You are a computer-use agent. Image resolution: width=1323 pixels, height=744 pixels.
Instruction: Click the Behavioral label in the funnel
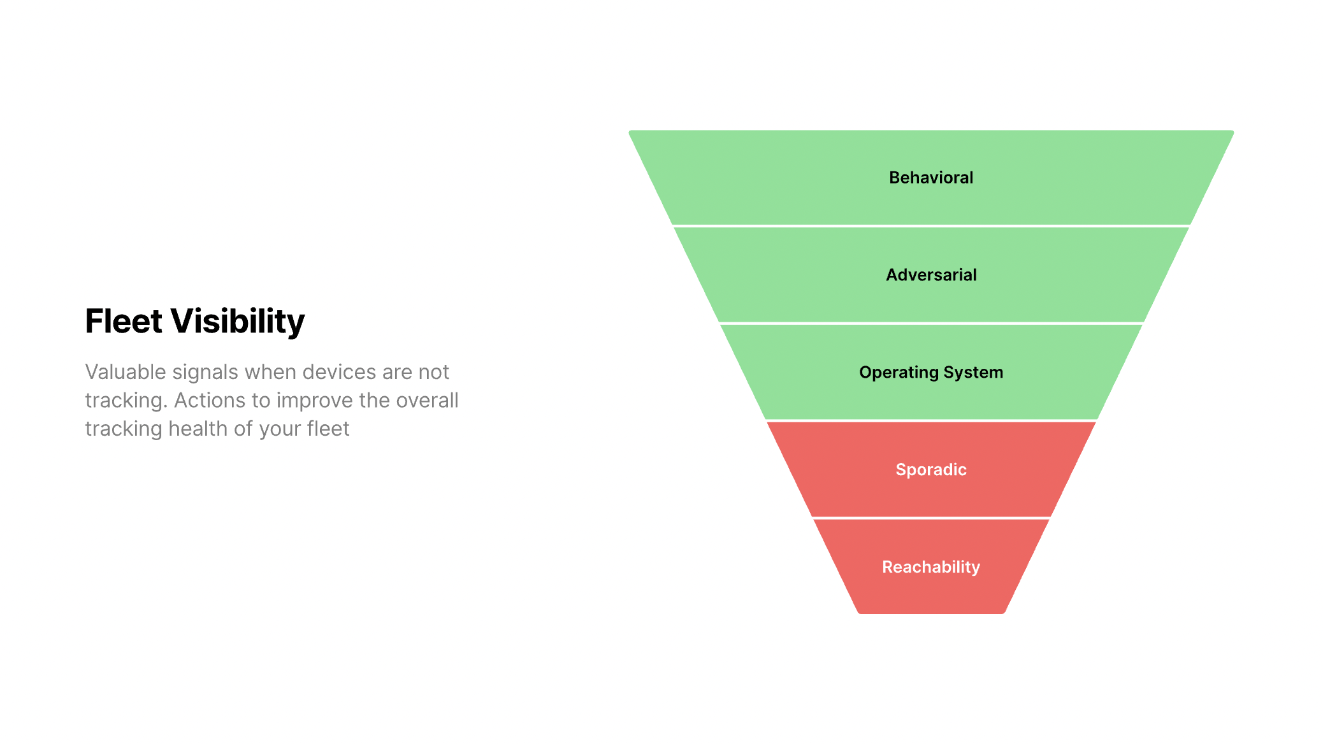pos(931,178)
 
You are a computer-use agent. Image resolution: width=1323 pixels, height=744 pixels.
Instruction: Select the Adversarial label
pos(931,275)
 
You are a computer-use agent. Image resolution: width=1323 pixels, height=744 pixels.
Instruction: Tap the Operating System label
pos(931,373)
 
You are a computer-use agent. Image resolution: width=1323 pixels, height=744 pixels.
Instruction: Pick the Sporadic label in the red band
pos(931,470)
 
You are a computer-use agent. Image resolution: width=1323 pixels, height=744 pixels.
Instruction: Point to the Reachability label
pos(931,567)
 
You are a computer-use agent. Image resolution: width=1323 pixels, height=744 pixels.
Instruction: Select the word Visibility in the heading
pos(238,322)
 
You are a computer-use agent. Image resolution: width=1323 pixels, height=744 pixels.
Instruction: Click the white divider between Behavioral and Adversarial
pos(931,226)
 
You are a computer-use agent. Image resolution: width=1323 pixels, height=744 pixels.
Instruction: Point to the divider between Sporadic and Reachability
pos(931,518)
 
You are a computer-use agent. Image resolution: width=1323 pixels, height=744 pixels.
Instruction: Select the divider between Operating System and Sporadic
pos(931,420)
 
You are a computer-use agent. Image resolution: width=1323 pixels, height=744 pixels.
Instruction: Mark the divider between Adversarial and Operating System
pos(931,323)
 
